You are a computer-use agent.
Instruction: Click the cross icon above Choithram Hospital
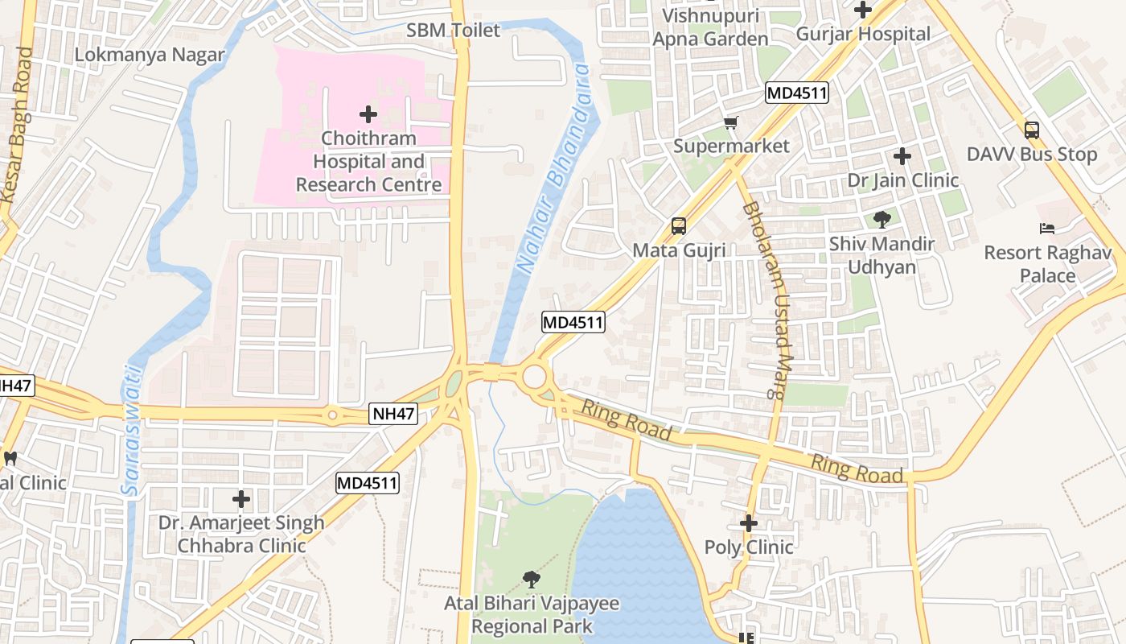(x=368, y=114)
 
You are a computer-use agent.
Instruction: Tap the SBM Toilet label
(x=453, y=31)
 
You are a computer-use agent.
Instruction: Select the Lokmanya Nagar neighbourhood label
(x=150, y=55)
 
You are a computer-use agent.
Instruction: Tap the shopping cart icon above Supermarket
(x=730, y=123)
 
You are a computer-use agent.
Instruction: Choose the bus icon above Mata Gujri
(x=679, y=226)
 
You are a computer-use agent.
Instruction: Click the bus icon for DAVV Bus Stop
(x=1031, y=130)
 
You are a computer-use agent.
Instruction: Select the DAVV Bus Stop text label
(x=1031, y=155)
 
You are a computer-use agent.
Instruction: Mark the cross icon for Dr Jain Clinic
(x=902, y=156)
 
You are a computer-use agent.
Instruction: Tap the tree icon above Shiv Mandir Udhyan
(x=881, y=219)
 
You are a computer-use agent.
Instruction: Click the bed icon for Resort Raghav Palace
(x=1047, y=229)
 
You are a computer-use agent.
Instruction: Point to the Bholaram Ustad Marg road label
(x=763, y=299)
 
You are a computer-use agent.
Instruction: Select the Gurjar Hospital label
(x=863, y=34)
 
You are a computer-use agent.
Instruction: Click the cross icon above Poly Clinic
(x=749, y=523)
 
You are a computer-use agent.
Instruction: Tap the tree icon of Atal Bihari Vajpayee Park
(x=531, y=579)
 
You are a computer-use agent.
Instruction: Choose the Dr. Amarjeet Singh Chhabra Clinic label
(x=241, y=534)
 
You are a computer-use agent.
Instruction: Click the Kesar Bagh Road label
(x=17, y=125)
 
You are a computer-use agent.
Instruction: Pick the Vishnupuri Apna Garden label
(x=710, y=27)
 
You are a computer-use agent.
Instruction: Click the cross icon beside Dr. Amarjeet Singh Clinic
(x=241, y=499)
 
